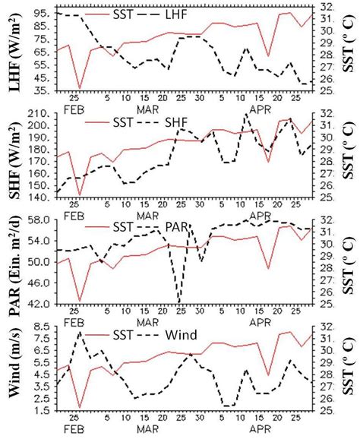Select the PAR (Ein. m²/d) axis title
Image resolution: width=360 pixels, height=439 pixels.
(x=14, y=262)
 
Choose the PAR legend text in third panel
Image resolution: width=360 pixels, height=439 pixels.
(x=174, y=227)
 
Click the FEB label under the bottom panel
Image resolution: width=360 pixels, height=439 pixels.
(x=74, y=429)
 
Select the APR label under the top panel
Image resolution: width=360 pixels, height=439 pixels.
(x=261, y=109)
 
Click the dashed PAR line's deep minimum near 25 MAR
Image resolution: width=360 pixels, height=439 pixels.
(x=178, y=302)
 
